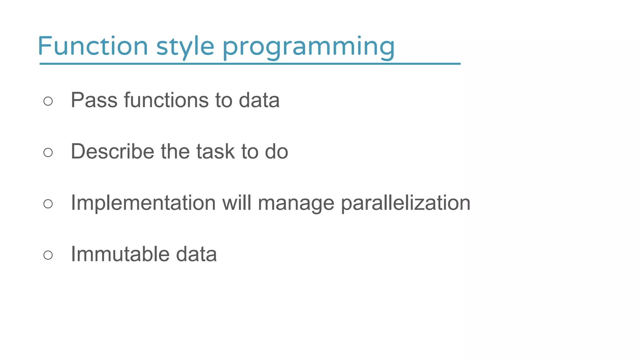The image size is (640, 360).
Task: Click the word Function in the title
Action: (92, 46)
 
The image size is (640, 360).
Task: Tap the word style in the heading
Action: (185, 47)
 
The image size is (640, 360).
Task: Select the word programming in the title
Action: (308, 47)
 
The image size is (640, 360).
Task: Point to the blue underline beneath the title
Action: (250, 64)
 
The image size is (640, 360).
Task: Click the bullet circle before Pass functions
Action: (48, 101)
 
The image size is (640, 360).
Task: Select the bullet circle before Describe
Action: (48, 152)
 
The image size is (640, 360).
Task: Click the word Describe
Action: (112, 152)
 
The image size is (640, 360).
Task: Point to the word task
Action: (215, 152)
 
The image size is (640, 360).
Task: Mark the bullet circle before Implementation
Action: (48, 204)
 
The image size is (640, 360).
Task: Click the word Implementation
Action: (143, 203)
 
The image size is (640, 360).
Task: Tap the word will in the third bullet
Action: (237, 203)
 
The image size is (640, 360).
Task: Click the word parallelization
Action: (405, 203)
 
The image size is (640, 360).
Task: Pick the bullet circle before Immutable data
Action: (48, 255)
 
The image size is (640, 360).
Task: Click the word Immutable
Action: (120, 254)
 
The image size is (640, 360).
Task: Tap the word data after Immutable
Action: (196, 254)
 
